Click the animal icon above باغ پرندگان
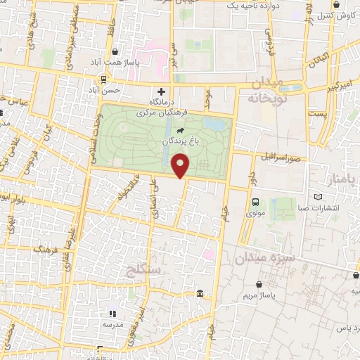[181, 130]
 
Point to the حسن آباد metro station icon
[104, 79]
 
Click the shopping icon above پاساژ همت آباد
[115, 51]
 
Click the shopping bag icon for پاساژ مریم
[260, 285]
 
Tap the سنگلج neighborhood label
[145, 269]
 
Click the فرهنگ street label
[46, 250]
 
